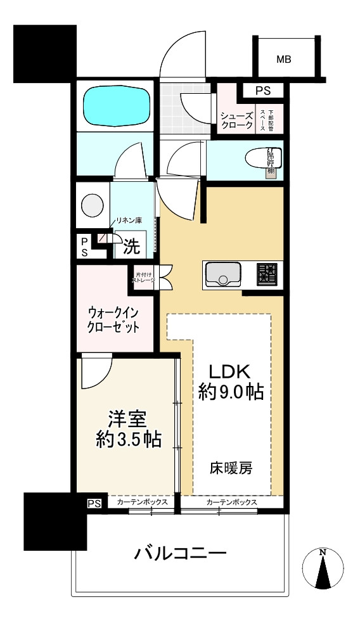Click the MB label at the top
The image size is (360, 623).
pyautogui.click(x=283, y=60)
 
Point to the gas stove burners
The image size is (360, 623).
pyautogui.click(x=267, y=274)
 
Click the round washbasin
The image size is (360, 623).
pyautogui.click(x=92, y=205)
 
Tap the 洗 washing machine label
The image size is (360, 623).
pyautogui.click(x=131, y=247)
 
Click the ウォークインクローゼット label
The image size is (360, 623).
pyautogui.click(x=113, y=319)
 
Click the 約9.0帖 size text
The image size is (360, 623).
pyautogui.click(x=231, y=393)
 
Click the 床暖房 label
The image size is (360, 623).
pyautogui.click(x=231, y=469)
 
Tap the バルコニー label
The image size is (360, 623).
pyautogui.click(x=180, y=555)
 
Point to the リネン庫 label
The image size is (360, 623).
pyautogui.click(x=128, y=221)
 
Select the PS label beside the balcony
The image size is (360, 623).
pyautogui.click(x=94, y=504)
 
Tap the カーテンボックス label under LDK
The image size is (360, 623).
pyautogui.click(x=231, y=502)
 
